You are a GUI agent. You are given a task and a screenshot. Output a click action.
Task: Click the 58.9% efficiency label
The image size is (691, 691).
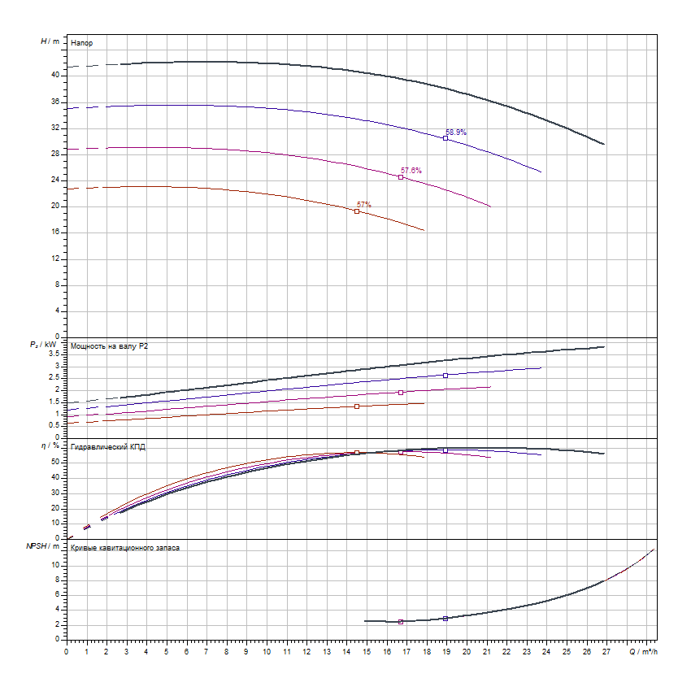point(456,132)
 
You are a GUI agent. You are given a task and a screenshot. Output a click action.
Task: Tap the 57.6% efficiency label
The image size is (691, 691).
point(411,170)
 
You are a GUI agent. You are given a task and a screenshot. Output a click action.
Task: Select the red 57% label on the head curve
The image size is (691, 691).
point(364,204)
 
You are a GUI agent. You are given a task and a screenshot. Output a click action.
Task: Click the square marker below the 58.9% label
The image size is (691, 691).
point(445,138)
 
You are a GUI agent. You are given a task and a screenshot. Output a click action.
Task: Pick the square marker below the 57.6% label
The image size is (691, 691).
point(401,177)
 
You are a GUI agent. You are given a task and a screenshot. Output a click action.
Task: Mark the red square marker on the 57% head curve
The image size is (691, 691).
point(357,211)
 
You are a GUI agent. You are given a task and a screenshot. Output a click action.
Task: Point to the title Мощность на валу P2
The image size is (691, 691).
point(110,346)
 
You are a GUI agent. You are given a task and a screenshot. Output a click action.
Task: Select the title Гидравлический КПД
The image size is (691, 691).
point(108,447)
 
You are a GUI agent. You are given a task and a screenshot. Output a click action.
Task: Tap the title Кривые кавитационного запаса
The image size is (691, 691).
point(125,548)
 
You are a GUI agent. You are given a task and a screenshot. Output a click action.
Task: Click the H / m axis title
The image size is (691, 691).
point(50,41)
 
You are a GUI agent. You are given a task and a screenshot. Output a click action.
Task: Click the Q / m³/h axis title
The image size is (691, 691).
point(641,652)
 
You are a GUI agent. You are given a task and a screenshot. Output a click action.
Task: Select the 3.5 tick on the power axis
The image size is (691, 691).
point(53,354)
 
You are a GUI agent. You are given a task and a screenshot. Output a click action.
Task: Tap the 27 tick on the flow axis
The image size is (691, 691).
point(606,651)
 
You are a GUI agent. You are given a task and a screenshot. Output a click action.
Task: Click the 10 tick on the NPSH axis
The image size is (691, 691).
point(56,565)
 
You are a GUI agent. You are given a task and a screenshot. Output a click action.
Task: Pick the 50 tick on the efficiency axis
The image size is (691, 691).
point(55,462)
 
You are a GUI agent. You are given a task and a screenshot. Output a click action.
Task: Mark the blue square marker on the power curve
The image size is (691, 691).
point(445,376)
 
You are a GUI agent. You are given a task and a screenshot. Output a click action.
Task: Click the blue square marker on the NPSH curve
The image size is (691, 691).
point(445,619)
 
